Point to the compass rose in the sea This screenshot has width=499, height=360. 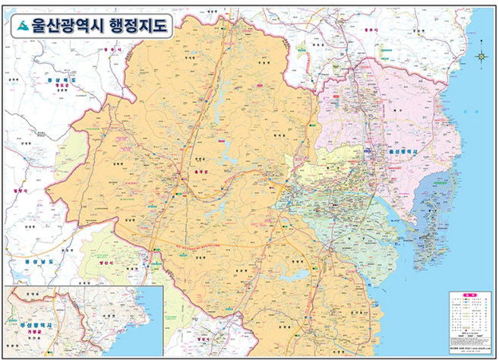pos(482,56)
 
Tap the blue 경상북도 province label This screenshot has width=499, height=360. pos(57,79)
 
